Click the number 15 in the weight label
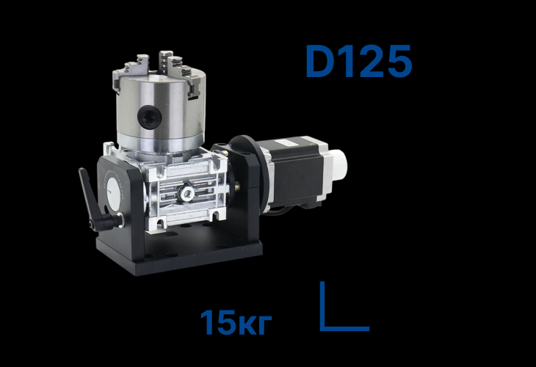(217, 323)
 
